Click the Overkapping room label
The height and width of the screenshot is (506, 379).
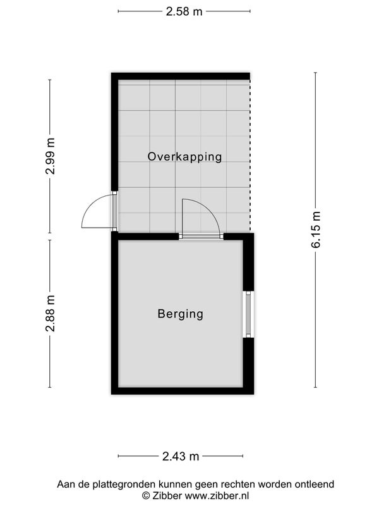point(184,157)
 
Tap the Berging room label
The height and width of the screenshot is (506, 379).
point(181,314)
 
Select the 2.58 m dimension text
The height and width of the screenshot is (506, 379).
point(184,11)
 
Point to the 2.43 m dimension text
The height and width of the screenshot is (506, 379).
point(181,456)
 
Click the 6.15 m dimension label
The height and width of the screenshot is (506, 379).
point(316,230)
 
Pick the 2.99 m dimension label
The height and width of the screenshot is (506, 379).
point(50,156)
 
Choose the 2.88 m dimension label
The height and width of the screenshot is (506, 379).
point(50,314)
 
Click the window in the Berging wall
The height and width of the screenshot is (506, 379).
point(248,314)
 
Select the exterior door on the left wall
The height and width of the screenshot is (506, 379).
point(100,211)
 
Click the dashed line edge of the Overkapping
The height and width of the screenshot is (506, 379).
point(250,156)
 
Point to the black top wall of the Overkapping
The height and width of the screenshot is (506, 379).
point(181,76)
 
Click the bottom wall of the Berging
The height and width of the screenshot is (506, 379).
point(183,391)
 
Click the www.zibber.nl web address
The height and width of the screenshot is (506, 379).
point(217,495)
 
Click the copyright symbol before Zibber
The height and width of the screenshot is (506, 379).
point(146,496)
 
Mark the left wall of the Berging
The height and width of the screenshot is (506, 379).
point(115,313)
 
